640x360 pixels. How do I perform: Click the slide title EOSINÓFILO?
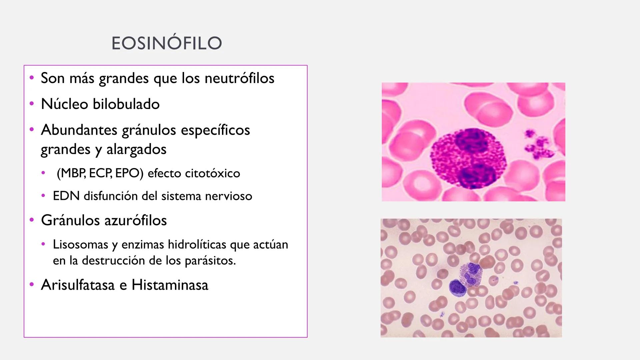[167, 43]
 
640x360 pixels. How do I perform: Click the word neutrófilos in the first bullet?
[239, 78]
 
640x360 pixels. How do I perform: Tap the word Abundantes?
[79, 130]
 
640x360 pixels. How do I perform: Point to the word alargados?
[136, 149]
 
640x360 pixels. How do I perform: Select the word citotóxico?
[212, 173]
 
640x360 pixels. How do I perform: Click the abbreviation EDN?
[66, 196]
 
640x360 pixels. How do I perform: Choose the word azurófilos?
[135, 220]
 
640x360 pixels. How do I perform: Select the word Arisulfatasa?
[78, 285]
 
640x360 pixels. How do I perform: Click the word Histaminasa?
[170, 285]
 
